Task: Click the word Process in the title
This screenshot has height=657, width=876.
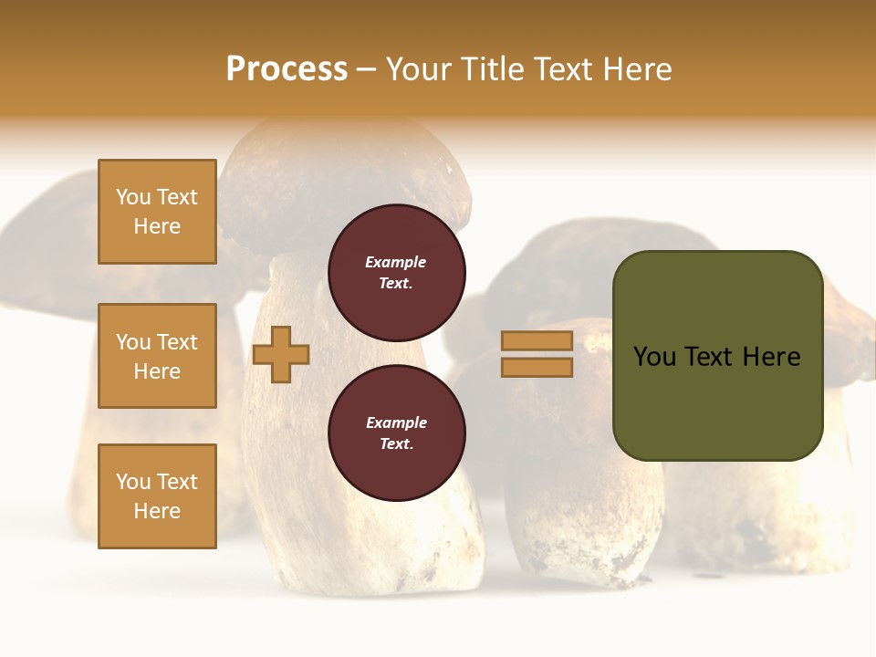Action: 287,69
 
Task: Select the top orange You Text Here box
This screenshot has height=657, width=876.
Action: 157,212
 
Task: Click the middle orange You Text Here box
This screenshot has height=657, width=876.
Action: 157,356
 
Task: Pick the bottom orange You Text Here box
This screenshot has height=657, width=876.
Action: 157,496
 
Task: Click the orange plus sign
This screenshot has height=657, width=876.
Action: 281,354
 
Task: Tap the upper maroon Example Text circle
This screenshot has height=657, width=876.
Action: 396,272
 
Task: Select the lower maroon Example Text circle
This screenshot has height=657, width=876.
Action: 396,433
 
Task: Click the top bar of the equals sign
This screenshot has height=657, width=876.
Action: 537,340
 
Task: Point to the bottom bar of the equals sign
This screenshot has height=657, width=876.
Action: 537,367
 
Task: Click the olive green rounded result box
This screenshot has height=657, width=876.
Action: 717,401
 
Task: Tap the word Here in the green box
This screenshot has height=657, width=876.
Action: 771,357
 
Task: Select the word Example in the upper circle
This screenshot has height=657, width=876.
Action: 396,262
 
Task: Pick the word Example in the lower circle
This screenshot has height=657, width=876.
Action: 396,422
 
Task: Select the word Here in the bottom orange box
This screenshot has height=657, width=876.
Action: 157,511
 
